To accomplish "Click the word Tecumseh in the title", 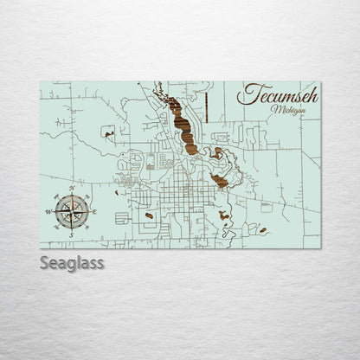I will [x=280, y=94].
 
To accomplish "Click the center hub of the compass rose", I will [x=70, y=209].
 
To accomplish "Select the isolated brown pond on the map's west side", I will [x=107, y=132].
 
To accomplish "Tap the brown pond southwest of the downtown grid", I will [x=150, y=215].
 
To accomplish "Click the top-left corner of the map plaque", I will [x=41, y=80].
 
